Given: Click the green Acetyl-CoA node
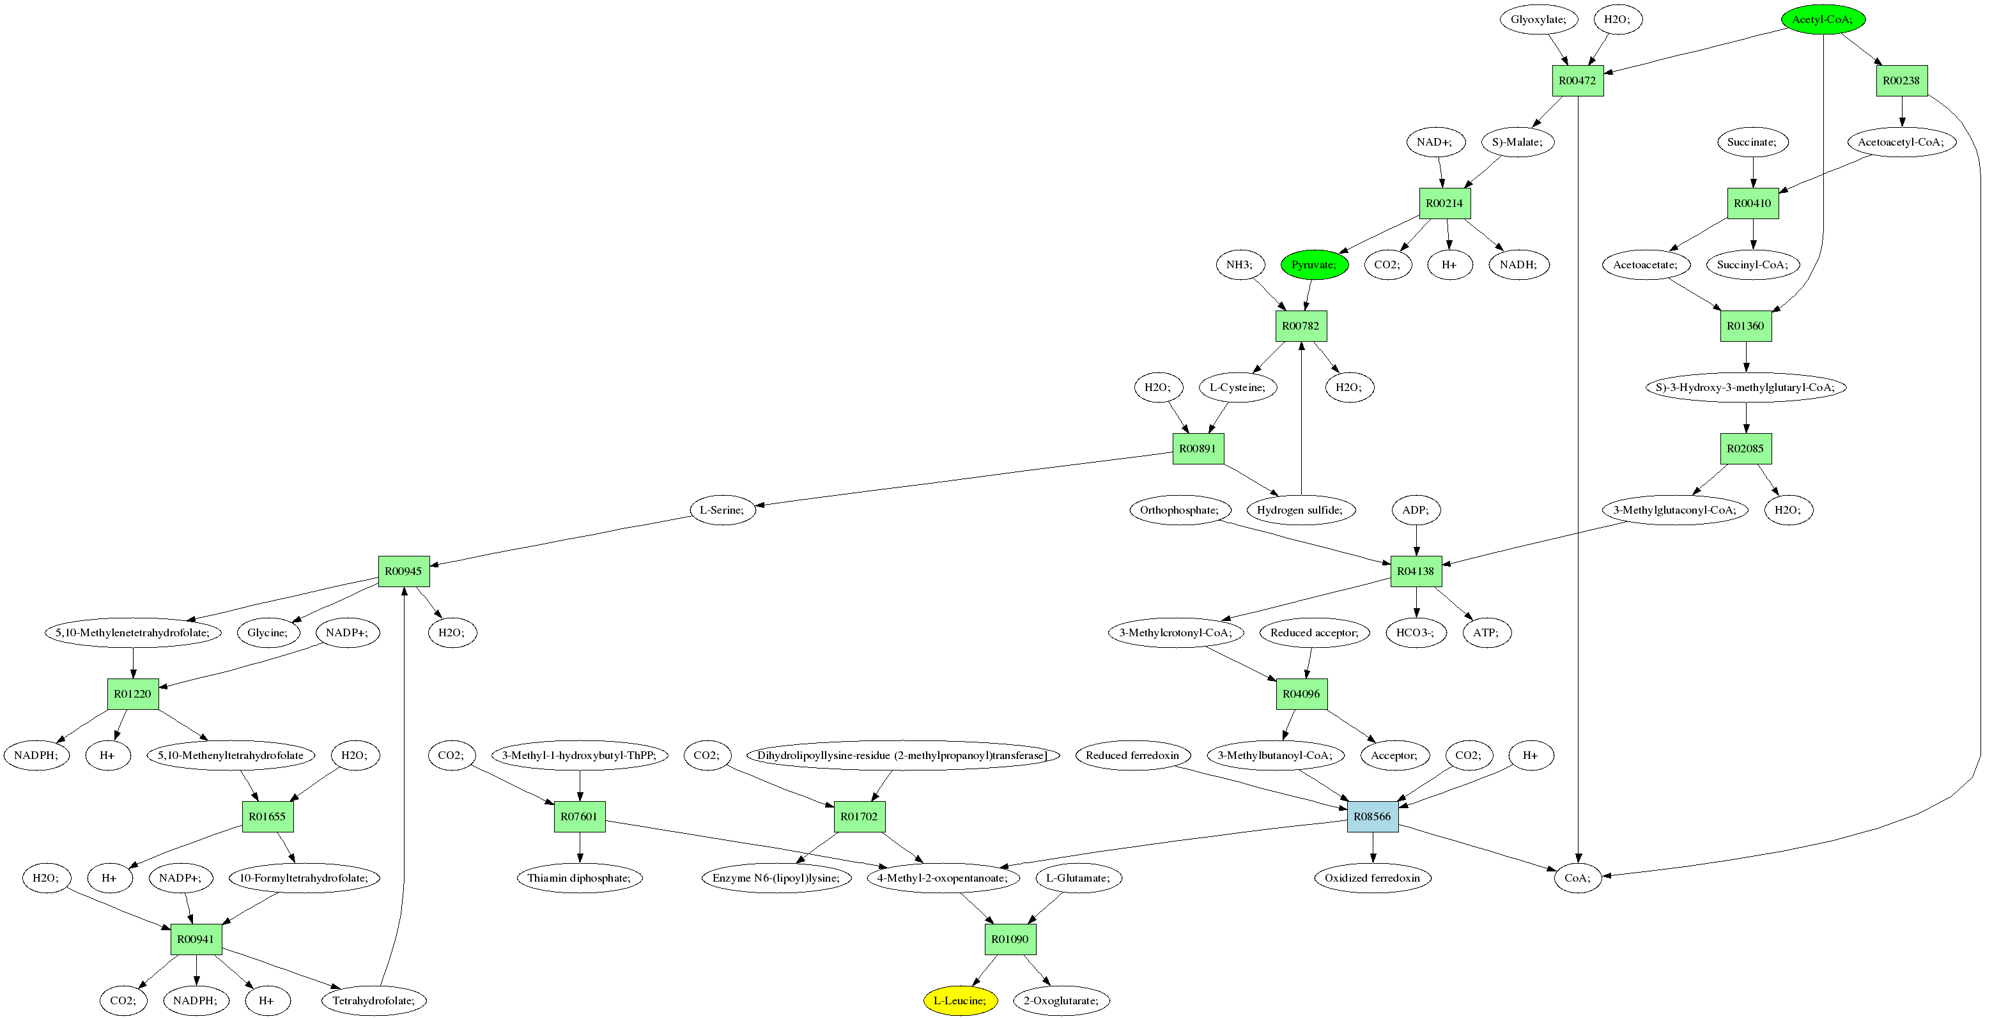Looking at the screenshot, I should coord(1823,19).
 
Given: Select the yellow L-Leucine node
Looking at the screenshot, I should coord(960,1000).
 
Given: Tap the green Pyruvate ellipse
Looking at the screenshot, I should coord(1314,264).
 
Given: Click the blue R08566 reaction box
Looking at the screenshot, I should coord(1372,816).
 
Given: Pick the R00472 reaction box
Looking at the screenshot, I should coord(1577,80).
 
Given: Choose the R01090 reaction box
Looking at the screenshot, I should coord(1010,939).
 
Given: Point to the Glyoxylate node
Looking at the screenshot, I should coord(1538,19).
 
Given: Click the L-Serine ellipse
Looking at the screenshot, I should coord(722,510).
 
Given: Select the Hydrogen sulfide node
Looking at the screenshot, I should coord(1300,510).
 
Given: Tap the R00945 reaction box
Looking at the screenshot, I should coord(404,571).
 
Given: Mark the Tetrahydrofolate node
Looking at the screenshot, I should coord(373,1000).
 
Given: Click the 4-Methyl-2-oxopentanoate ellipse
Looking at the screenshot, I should coord(943,878).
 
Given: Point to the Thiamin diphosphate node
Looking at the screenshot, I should coord(579,878).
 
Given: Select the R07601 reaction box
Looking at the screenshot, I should coord(579,816).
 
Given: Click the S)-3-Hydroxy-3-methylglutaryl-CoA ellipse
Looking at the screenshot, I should coord(1745,387).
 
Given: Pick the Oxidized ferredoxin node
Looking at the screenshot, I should coord(1372,878).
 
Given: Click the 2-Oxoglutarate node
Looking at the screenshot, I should coord(1061,1000).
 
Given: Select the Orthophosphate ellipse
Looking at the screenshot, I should coord(1179,510).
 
